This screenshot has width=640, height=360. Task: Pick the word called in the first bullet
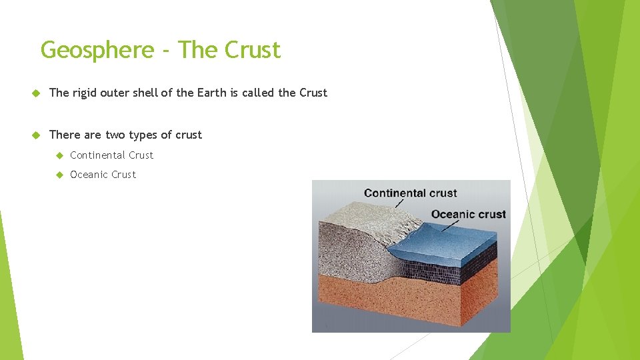click(258, 93)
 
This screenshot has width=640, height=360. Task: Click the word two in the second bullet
click(115, 135)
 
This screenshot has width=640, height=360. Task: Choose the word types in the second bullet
click(143, 135)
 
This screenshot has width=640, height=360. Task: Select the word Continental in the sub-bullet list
click(98, 155)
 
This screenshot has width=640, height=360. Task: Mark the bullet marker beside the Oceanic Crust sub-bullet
click(59, 175)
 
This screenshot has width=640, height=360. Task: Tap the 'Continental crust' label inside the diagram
click(410, 193)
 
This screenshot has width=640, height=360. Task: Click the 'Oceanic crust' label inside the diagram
click(468, 215)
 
